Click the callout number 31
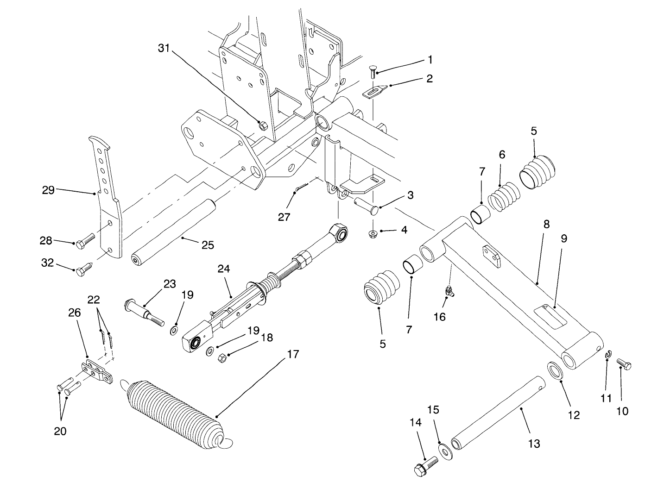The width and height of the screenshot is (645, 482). point(164,48)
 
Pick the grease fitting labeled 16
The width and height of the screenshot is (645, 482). point(449,290)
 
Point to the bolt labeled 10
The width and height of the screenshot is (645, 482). point(624,365)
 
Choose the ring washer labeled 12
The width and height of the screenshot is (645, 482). point(555,371)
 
